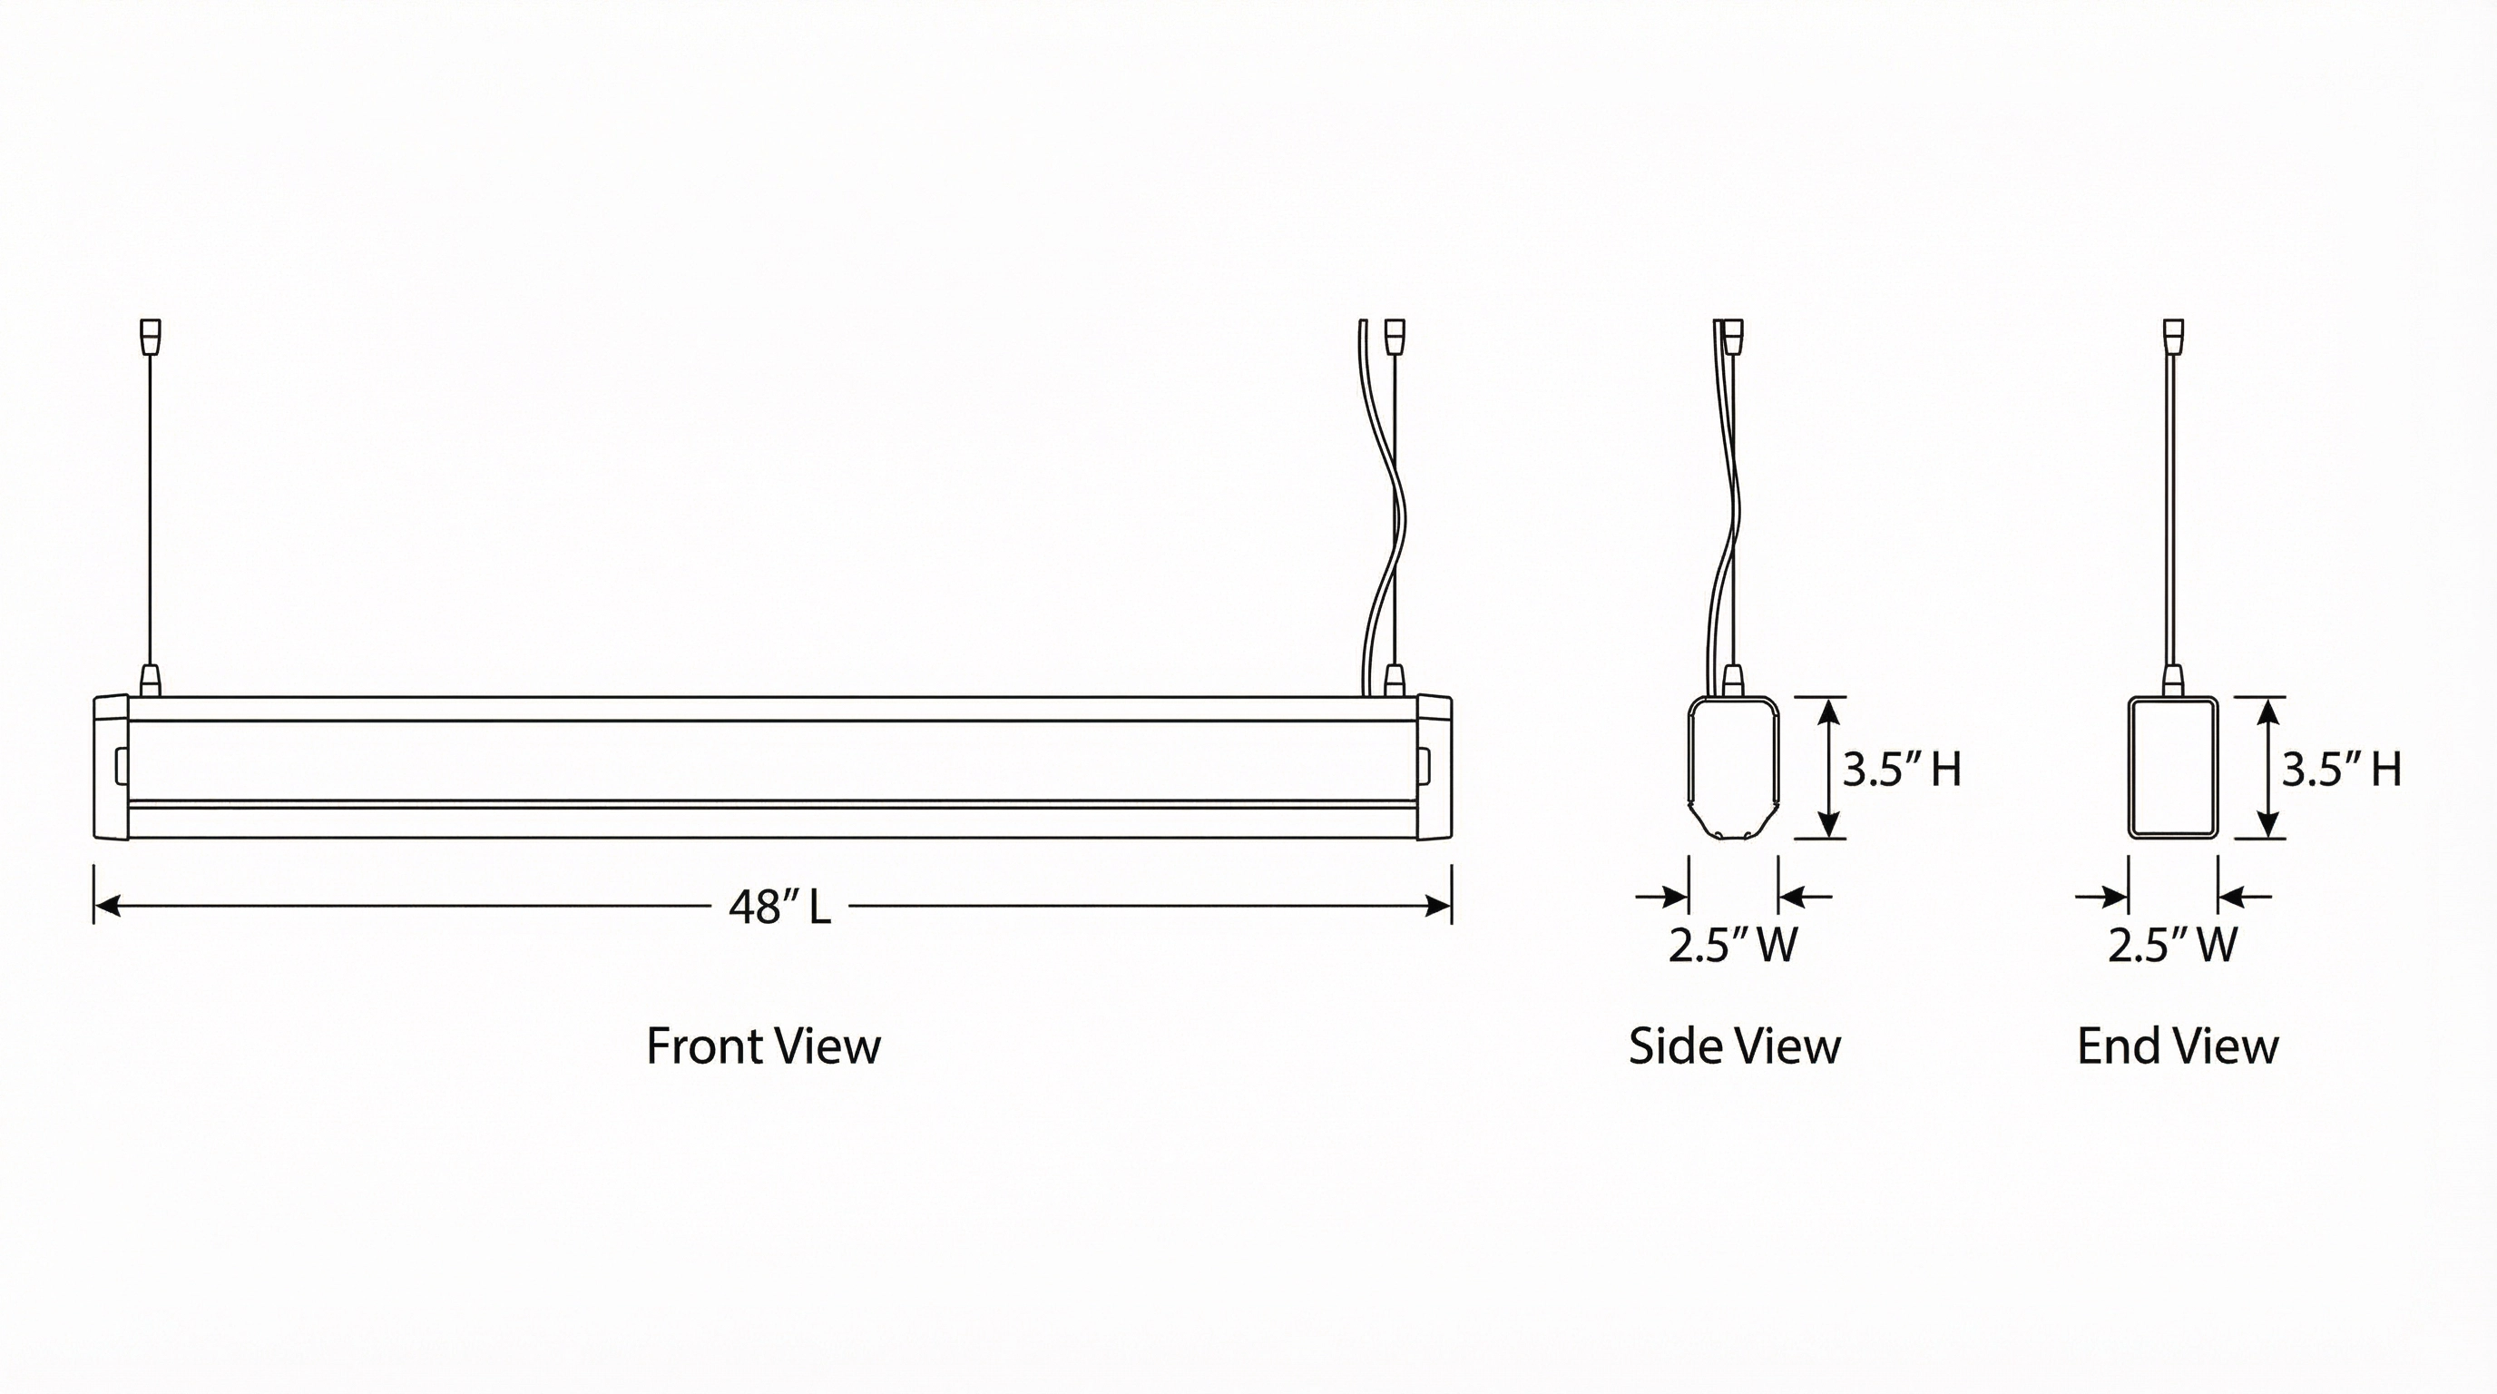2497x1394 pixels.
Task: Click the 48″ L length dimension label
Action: tap(779, 908)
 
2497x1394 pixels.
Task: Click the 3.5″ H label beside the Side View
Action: tap(1902, 769)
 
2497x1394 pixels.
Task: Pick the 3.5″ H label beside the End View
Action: tap(2341, 769)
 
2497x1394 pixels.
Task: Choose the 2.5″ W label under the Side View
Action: tap(1733, 944)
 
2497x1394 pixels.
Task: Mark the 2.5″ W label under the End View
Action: tap(2172, 944)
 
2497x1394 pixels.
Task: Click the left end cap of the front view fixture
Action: tap(111, 767)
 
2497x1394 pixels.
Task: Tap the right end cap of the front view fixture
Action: tap(1435, 767)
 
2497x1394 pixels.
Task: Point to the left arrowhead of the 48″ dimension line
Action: tap(107, 907)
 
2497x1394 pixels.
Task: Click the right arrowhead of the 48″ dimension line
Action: tap(1438, 907)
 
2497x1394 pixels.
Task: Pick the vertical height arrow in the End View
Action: tap(2268, 767)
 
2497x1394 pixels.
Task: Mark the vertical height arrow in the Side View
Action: tap(1828, 767)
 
